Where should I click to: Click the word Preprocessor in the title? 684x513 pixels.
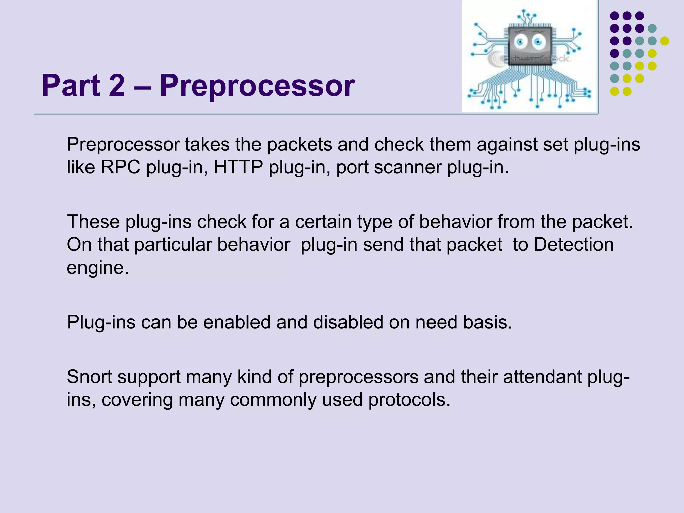(x=257, y=86)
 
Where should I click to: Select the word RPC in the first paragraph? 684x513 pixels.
(x=120, y=167)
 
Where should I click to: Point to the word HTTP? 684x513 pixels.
(x=238, y=167)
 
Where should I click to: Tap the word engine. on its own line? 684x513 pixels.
(x=98, y=268)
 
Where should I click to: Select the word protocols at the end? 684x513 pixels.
(x=409, y=400)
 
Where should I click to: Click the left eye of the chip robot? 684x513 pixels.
(x=520, y=42)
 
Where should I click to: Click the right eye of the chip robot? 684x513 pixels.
(x=538, y=42)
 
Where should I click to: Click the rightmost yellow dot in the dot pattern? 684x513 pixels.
(x=665, y=41)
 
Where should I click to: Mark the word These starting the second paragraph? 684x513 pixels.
(x=93, y=222)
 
